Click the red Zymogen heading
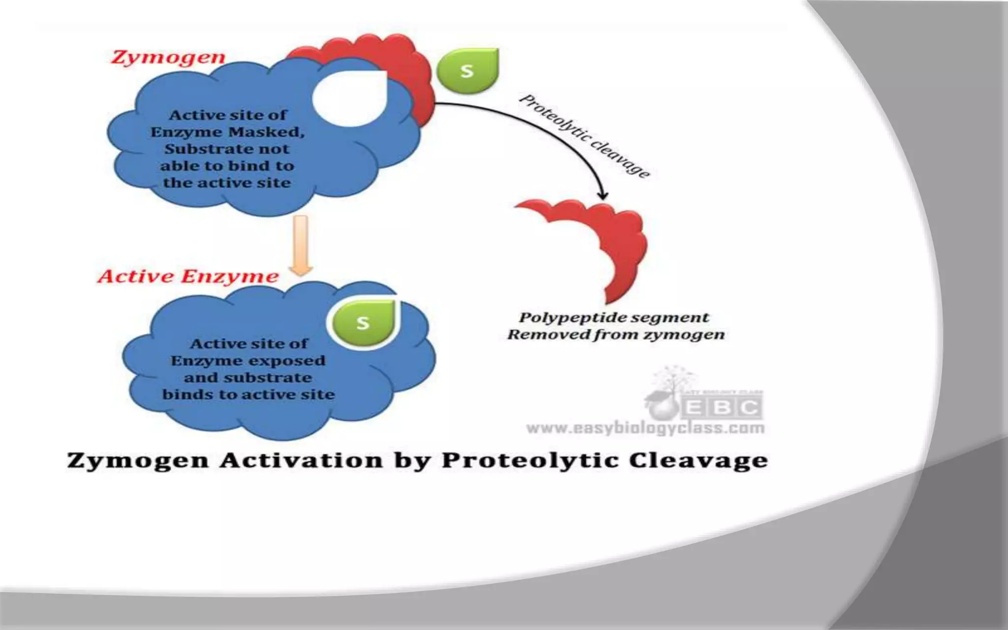(168, 58)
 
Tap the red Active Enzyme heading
(188, 276)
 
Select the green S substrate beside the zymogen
(468, 71)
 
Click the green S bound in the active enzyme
(363, 323)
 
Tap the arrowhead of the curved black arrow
(602, 195)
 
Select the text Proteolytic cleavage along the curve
(585, 135)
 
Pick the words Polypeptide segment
(614, 317)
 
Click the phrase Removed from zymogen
(616, 335)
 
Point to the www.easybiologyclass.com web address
(645, 428)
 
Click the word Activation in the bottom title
(301, 461)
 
